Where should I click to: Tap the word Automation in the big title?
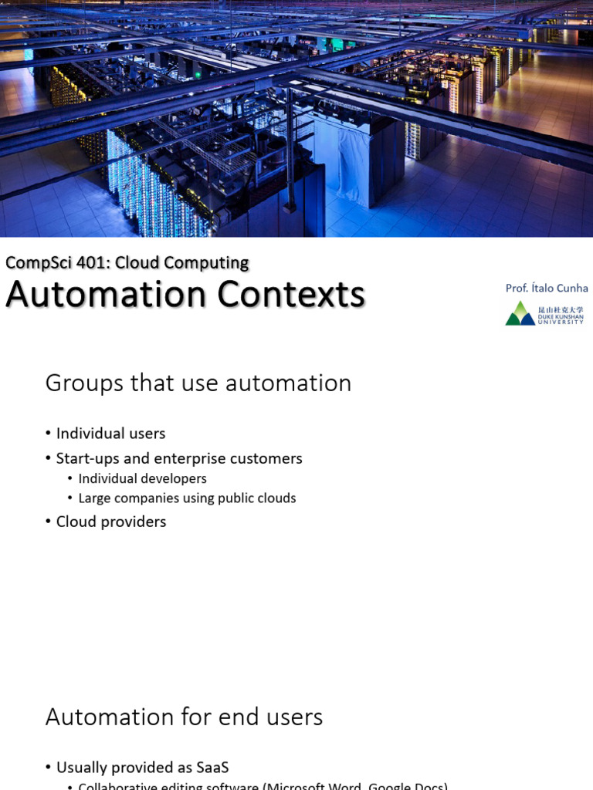[x=107, y=295]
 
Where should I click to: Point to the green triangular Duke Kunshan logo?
[x=520, y=314]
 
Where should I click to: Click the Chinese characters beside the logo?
[x=561, y=309]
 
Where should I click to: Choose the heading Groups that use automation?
[x=198, y=383]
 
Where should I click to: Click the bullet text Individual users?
[x=110, y=434]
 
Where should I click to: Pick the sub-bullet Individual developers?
[x=142, y=478]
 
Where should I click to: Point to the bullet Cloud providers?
[x=110, y=522]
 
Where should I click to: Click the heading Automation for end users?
[x=184, y=717]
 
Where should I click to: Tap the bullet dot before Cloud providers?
[x=48, y=522]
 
